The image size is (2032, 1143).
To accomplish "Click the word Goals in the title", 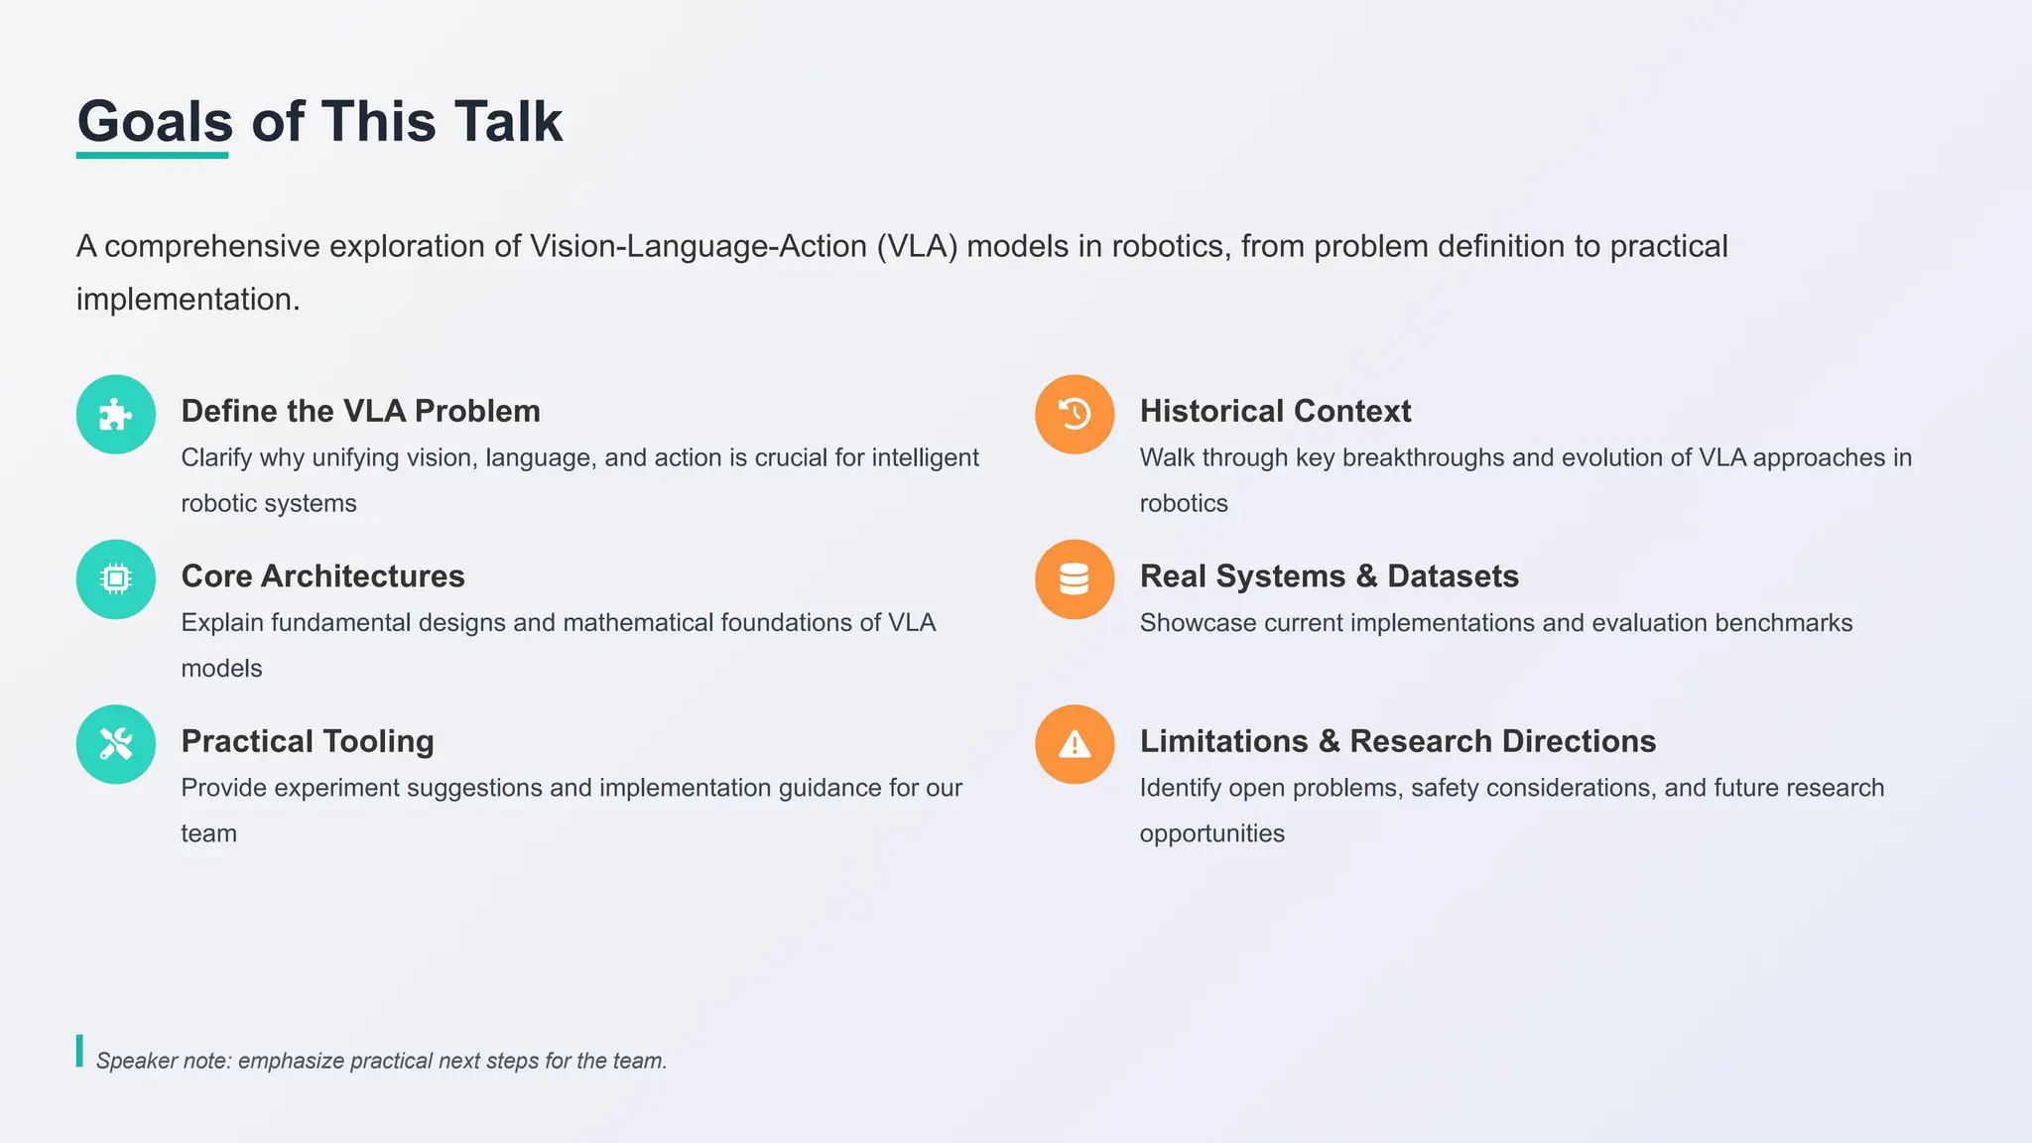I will coord(155,122).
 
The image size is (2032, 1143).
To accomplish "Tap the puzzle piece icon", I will coord(116,415).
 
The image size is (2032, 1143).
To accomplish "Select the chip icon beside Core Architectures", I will coord(116,579).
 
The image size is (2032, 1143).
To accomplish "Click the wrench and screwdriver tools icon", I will coord(116,744).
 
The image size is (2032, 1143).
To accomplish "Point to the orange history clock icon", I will coord(1075,415).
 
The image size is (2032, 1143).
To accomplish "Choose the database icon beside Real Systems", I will coord(1075,579).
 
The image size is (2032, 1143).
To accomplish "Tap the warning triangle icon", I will coord(1075,744).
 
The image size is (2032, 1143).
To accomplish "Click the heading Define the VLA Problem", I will coord(360,411).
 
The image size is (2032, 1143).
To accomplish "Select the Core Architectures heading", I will coord(322,575).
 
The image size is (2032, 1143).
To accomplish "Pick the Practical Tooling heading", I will coord(308,741).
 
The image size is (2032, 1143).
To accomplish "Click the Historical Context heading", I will coord(1275,411).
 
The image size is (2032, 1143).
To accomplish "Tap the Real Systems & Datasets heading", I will coord(1329,575).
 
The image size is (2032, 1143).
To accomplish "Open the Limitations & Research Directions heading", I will coord(1397,741).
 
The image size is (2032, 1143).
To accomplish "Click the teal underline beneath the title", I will coord(153,156).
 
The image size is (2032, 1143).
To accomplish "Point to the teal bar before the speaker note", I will coord(79,1051).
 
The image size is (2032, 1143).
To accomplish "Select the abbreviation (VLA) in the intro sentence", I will coord(917,246).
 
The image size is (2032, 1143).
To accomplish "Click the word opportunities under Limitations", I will coord(1211,833).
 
